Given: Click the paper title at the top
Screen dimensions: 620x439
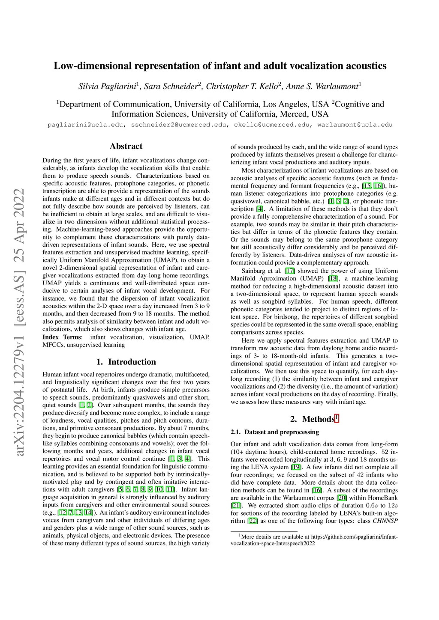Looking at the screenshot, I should click(219, 66).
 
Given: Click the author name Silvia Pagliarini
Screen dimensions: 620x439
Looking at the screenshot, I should click(107, 86).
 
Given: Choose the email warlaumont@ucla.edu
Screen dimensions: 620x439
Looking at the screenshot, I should click(355, 125).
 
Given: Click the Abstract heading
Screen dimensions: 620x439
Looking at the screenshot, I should click(126, 146).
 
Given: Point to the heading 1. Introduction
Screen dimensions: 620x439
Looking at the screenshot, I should click(126, 362).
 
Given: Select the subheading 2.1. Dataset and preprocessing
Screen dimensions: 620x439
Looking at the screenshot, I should click(275, 432).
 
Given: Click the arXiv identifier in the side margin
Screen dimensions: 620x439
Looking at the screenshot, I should click(19, 321).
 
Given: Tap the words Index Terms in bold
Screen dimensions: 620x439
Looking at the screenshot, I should click(62, 337).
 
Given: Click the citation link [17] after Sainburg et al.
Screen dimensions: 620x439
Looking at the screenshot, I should click(290, 271).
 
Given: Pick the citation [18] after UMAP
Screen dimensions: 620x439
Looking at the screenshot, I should click(333, 278).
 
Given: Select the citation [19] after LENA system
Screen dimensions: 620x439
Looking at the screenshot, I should click(296, 467).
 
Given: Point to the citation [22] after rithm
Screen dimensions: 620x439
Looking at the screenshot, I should click(253, 521).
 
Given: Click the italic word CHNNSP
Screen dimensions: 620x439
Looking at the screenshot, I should click(385, 521).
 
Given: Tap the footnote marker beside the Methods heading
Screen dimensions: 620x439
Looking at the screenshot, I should click(337, 417).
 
